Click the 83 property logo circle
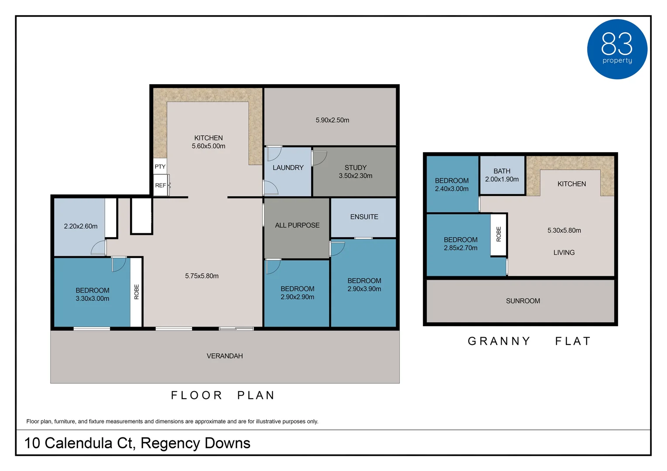click(x=617, y=49)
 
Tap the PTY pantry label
click(x=160, y=166)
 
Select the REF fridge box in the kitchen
click(x=161, y=185)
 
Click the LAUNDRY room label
click(x=288, y=167)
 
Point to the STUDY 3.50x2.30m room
click(x=354, y=172)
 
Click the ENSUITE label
click(x=364, y=217)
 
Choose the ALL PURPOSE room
click(x=297, y=228)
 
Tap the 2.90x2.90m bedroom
click(x=297, y=293)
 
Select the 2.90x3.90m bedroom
click(x=364, y=283)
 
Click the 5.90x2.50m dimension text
click(x=332, y=120)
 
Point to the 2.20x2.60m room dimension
click(x=81, y=226)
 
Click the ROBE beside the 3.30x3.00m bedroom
click(x=136, y=292)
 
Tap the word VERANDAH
click(x=224, y=356)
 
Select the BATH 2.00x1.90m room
click(x=502, y=175)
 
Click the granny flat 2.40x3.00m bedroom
click(x=452, y=184)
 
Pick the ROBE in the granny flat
click(x=499, y=234)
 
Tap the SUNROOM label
click(x=523, y=301)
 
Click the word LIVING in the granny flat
click(x=564, y=253)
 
